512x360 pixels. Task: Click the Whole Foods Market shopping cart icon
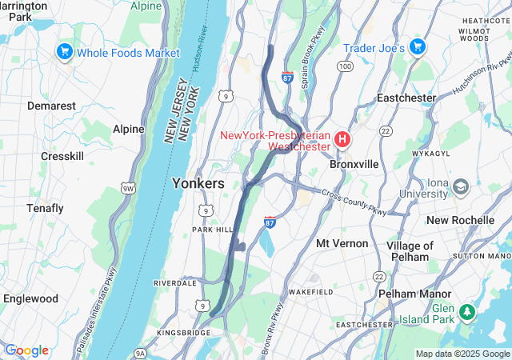[65, 53]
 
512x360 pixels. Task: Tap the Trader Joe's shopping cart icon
[417, 47]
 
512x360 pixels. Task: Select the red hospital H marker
[342, 140]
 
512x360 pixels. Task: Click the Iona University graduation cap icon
[461, 187]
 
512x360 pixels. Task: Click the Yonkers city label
[198, 183]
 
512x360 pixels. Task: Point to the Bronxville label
[354, 163]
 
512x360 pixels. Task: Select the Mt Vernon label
[342, 242]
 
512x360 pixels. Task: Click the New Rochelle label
[460, 220]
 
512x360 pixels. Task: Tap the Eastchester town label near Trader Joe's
[406, 98]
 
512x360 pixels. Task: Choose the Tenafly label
[46, 208]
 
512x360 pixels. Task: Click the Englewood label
[31, 298]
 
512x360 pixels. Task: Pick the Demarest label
[51, 106]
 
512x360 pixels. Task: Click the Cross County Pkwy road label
[355, 201]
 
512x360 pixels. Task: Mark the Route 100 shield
[345, 66]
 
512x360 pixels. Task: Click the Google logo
[26, 350]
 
